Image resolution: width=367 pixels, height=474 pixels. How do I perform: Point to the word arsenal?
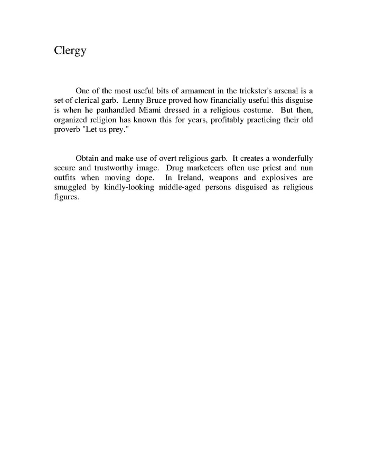click(285, 91)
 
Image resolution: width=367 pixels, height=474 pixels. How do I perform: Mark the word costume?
click(252, 110)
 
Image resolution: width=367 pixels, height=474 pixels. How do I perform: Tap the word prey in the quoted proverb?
click(118, 130)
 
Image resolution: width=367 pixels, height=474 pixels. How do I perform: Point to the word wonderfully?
click(285, 159)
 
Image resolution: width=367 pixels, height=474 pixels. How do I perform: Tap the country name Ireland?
click(190, 178)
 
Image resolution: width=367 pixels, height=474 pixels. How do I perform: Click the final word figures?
click(66, 197)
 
